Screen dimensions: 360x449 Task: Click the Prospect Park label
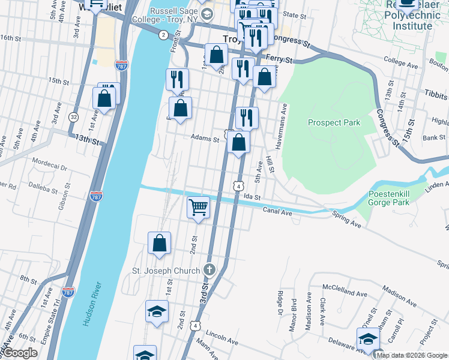(334, 122)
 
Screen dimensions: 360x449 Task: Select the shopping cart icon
(198, 208)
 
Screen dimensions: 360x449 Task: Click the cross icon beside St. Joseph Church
(209, 271)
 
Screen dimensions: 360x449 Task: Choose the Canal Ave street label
(277, 211)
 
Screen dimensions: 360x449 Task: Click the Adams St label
(205, 138)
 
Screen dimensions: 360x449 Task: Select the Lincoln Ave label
(221, 340)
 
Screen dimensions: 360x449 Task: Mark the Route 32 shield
(73, 116)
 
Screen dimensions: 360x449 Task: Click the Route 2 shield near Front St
(163, 35)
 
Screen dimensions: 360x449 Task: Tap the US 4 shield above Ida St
(239, 187)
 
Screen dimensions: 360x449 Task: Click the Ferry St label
(280, 60)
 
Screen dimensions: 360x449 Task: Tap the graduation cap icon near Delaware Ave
(367, 339)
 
